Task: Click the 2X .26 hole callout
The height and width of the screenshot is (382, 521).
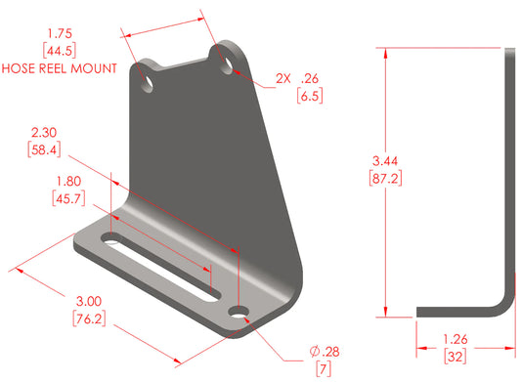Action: click(x=298, y=77)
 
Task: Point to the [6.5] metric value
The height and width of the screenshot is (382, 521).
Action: click(x=311, y=95)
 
